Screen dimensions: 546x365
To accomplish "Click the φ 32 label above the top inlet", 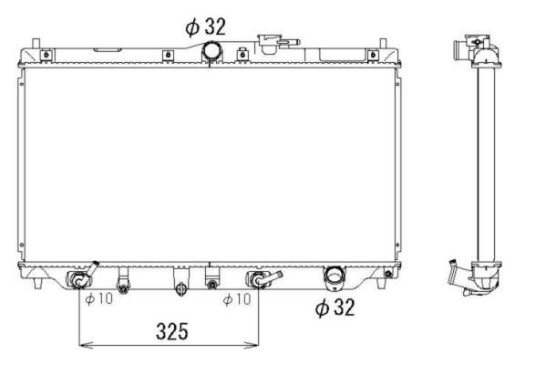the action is (x=205, y=26).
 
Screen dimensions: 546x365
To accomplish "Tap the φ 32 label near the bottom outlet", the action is (x=335, y=308).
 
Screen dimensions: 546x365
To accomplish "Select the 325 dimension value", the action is (x=172, y=331).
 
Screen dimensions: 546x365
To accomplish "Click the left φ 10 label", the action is (x=98, y=298).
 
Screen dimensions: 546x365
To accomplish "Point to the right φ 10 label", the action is (x=237, y=298).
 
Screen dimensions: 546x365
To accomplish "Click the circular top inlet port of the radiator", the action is (x=212, y=50).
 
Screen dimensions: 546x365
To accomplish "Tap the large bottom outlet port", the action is (x=334, y=277).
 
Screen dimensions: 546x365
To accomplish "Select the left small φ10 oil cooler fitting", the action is (x=80, y=277).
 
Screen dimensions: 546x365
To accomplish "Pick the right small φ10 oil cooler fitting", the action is (x=262, y=278).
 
